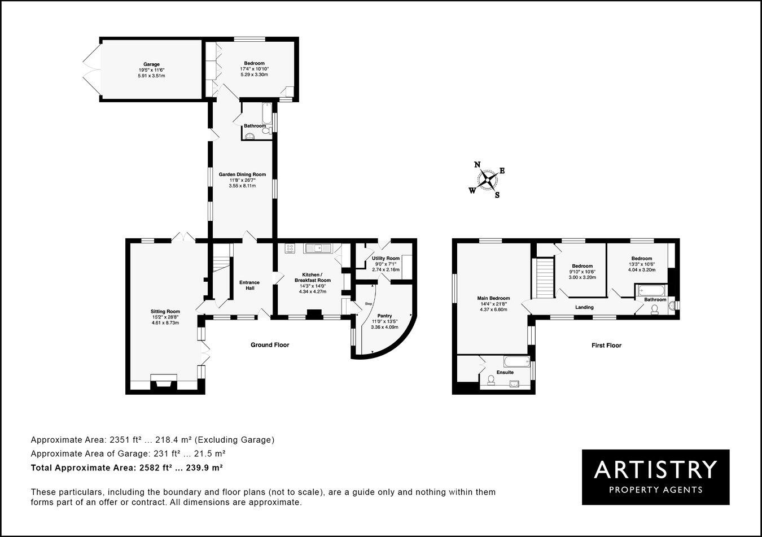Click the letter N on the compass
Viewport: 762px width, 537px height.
(477, 165)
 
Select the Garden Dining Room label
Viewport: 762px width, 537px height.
(242, 174)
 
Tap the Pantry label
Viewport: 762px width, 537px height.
(384, 316)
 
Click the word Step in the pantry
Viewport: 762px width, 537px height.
(368, 304)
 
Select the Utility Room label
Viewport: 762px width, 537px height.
(386, 258)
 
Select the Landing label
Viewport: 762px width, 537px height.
(584, 307)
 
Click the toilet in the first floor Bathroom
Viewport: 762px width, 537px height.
(655, 309)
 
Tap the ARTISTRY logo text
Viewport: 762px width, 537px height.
(655, 469)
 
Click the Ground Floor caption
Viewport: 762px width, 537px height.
(270, 344)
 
